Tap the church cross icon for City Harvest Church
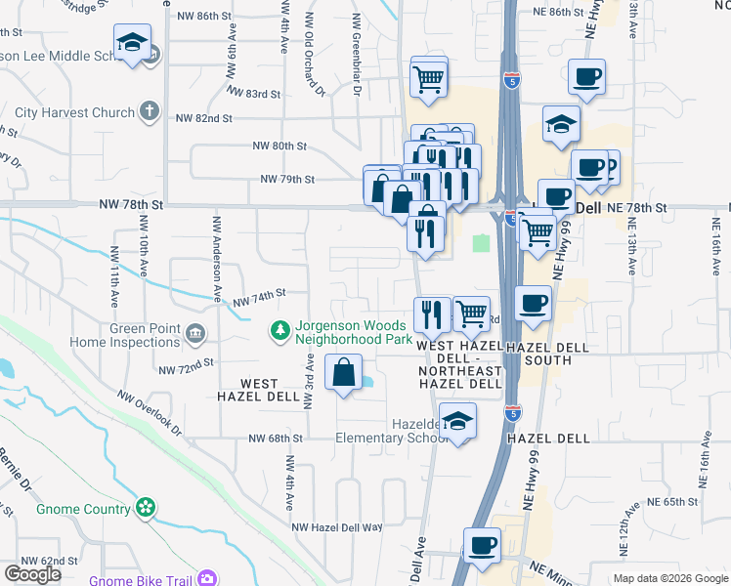[150, 112]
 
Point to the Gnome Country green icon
[146, 508]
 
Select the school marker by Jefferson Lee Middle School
[132, 43]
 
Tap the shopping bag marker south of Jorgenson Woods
[343, 373]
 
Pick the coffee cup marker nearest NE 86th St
[586, 77]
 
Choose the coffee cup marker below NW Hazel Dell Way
[481, 545]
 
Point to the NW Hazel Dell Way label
[336, 526]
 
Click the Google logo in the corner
[32, 574]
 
